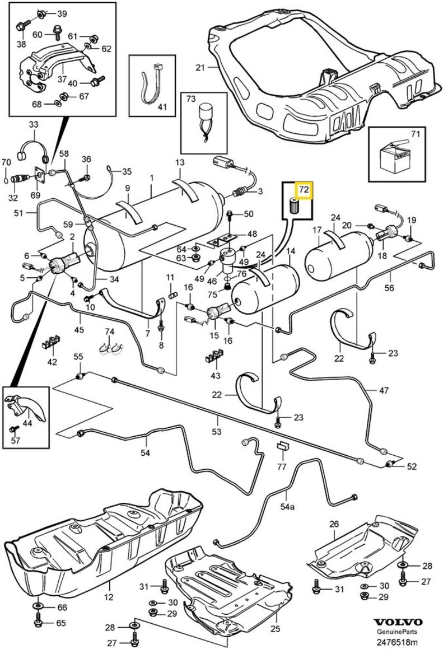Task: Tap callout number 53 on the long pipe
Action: pyautogui.click(x=217, y=431)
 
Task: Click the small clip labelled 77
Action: pyautogui.click(x=282, y=446)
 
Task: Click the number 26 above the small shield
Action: pyautogui.click(x=334, y=524)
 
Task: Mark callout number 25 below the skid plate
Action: pyautogui.click(x=274, y=629)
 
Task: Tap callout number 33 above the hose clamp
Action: pyautogui.click(x=34, y=124)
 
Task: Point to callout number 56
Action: pyautogui.click(x=390, y=288)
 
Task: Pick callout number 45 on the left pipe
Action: pyautogui.click(x=79, y=330)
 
